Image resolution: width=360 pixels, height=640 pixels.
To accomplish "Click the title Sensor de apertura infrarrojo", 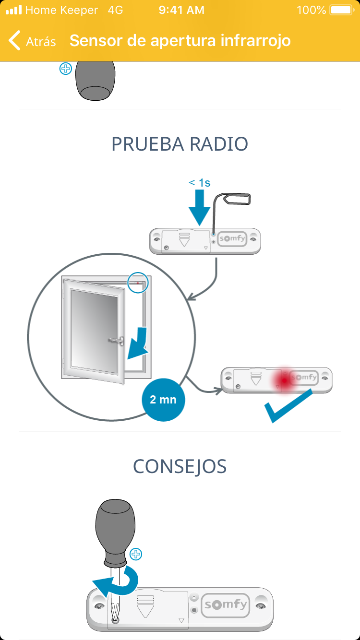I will (x=180, y=41).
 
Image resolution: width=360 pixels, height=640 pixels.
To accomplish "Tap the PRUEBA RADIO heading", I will (x=180, y=144).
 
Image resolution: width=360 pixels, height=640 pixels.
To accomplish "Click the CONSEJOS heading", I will (x=180, y=466).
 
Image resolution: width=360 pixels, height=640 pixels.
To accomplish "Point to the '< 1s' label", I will (x=199, y=183).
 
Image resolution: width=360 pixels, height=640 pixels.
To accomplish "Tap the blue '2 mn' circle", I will (x=163, y=399).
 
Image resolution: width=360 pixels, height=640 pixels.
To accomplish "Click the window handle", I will (x=115, y=341).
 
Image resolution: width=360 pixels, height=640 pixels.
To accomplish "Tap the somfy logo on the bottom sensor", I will (x=226, y=604).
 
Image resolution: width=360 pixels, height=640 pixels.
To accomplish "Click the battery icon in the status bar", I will (x=342, y=10).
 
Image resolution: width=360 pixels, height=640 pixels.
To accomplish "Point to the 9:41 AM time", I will (x=181, y=10).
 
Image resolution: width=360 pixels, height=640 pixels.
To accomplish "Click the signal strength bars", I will (x=13, y=10).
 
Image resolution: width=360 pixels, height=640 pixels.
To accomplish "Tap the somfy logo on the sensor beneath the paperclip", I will (x=232, y=238).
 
